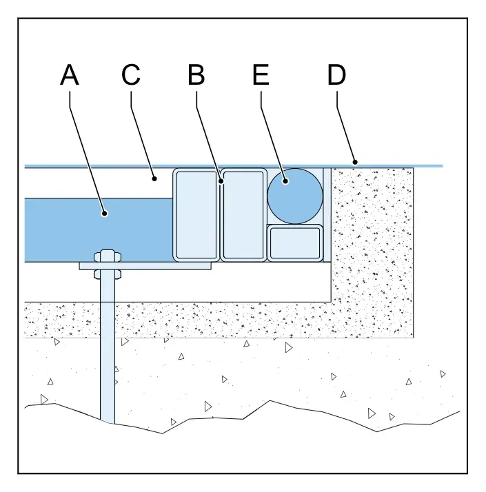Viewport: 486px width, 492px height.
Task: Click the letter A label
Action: [70, 74]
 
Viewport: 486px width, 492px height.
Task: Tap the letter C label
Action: [130, 74]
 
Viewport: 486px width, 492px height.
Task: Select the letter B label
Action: [196, 74]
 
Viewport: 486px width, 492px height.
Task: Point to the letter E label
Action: [261, 74]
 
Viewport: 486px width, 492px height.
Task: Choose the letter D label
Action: [336, 74]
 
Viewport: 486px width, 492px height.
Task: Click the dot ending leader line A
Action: [105, 214]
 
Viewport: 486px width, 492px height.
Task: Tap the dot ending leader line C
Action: [154, 179]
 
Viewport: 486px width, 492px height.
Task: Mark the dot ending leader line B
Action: [221, 181]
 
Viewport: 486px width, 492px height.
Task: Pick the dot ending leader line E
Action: [285, 181]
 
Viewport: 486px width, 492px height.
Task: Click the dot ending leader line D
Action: [355, 162]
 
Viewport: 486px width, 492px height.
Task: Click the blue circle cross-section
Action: [295, 196]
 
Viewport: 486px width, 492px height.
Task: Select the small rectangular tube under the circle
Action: [295, 243]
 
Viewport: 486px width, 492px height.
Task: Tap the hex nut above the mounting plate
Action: [108, 256]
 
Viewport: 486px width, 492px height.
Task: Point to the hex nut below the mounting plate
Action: [108, 274]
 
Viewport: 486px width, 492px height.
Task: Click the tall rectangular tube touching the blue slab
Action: [196, 215]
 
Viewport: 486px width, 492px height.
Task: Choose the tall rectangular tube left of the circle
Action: [243, 215]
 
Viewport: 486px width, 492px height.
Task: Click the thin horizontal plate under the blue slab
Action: [145, 266]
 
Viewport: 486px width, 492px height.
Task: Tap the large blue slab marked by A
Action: [99, 230]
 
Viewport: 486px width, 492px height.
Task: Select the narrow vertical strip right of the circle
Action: [327, 215]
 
